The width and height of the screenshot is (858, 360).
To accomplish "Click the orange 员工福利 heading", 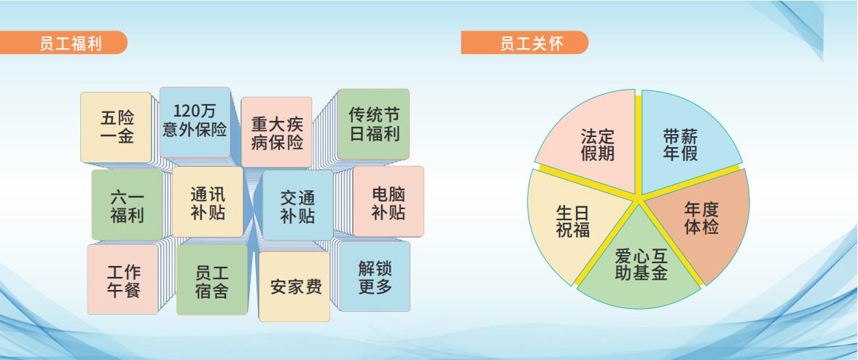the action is point(63,43).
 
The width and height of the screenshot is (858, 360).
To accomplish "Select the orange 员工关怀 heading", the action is point(524,43).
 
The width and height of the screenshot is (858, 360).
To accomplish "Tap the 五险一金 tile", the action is point(117,127).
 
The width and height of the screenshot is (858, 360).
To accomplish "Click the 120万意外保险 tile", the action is point(195,122).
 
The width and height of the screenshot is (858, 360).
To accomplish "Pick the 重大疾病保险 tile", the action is point(276,132).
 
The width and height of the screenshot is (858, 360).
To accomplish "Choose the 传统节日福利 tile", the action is point(373,124).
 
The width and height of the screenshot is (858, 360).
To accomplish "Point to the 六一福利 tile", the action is point(127,206).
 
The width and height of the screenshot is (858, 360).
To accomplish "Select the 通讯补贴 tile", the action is point(207,202).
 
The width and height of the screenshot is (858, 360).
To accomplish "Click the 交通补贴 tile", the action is point(297,206).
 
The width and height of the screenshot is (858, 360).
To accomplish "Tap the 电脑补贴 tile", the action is point(388,201).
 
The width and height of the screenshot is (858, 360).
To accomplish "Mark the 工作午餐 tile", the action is point(123,279).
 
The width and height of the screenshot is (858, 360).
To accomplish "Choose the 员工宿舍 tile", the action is point(211,280).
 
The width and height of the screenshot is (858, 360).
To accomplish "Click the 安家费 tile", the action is point(295,286).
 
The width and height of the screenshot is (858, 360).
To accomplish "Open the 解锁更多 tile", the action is point(375,276).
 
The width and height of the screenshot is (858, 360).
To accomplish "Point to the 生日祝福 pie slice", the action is point(574,222).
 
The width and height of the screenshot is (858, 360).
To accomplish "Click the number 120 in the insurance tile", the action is point(185,111).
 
